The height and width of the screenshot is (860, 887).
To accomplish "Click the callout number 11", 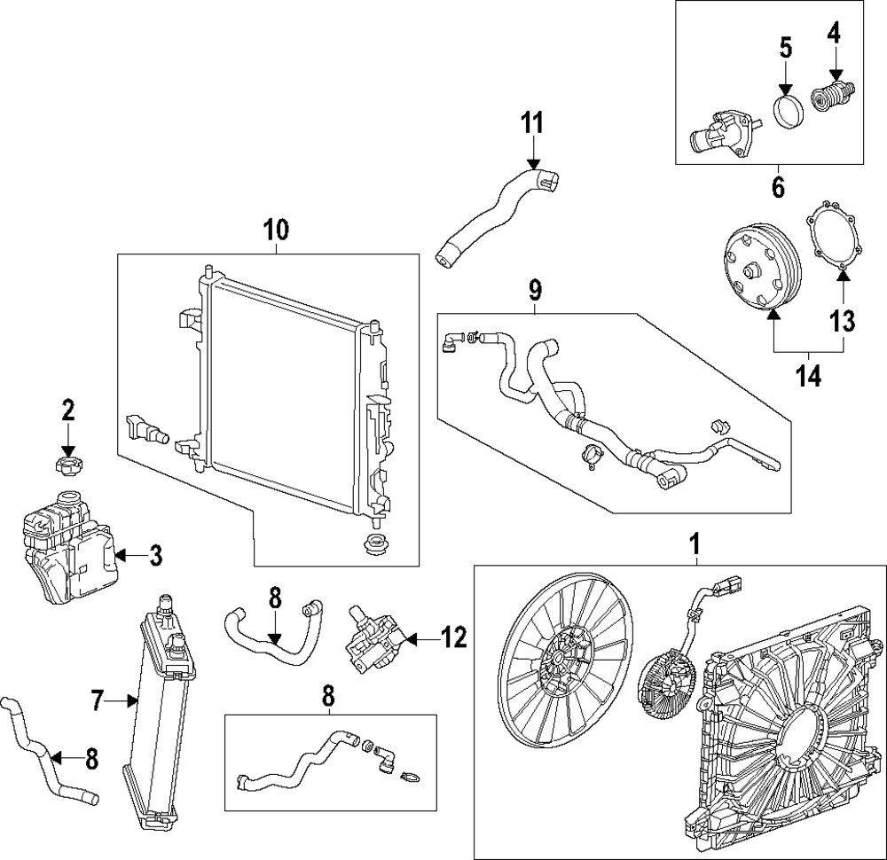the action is tap(532, 122).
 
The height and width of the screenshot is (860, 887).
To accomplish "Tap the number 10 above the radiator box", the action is tap(276, 230).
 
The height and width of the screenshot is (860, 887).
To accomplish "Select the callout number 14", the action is tap(809, 375).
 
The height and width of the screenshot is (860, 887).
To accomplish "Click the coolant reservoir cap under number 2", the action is tap(68, 465).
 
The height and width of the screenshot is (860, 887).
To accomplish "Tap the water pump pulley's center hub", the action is tap(752, 270).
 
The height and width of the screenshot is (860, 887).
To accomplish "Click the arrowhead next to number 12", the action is tap(412, 640).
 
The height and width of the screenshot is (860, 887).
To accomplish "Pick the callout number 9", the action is tap(535, 290).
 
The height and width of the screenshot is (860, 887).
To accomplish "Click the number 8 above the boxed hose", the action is tap(329, 695).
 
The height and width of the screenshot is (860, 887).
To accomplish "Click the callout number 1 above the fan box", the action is tap(695, 544).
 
